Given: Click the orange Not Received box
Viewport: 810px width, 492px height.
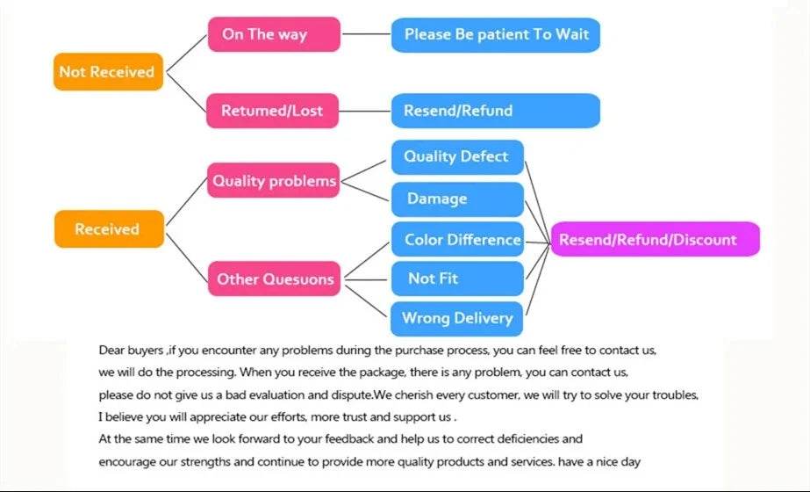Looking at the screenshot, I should click(x=106, y=72).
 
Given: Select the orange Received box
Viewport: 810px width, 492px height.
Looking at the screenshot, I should click(x=108, y=229).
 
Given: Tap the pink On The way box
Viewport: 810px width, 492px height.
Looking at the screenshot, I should click(x=272, y=35).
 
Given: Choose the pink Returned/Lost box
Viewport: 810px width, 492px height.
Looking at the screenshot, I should click(x=272, y=111).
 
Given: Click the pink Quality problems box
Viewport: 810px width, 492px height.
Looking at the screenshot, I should click(x=273, y=182).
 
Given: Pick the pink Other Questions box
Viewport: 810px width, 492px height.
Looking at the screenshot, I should click(x=275, y=279).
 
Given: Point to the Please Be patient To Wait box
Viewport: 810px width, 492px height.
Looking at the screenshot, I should click(x=495, y=35).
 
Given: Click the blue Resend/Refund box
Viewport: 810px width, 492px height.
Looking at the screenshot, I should click(x=495, y=111).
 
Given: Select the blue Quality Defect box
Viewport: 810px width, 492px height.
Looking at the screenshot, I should click(x=456, y=157).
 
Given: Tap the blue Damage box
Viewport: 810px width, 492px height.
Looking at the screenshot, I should click(x=456, y=199).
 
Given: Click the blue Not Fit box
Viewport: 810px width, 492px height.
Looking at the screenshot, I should click(x=456, y=279).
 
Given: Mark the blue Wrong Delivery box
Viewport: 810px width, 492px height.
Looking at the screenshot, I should click(x=456, y=318).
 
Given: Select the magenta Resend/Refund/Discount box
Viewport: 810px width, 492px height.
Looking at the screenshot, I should click(x=654, y=239).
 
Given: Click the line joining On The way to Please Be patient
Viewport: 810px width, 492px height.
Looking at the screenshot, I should click(x=365, y=35).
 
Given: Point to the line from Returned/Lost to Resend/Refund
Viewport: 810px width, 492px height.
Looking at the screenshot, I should click(x=365, y=111).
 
